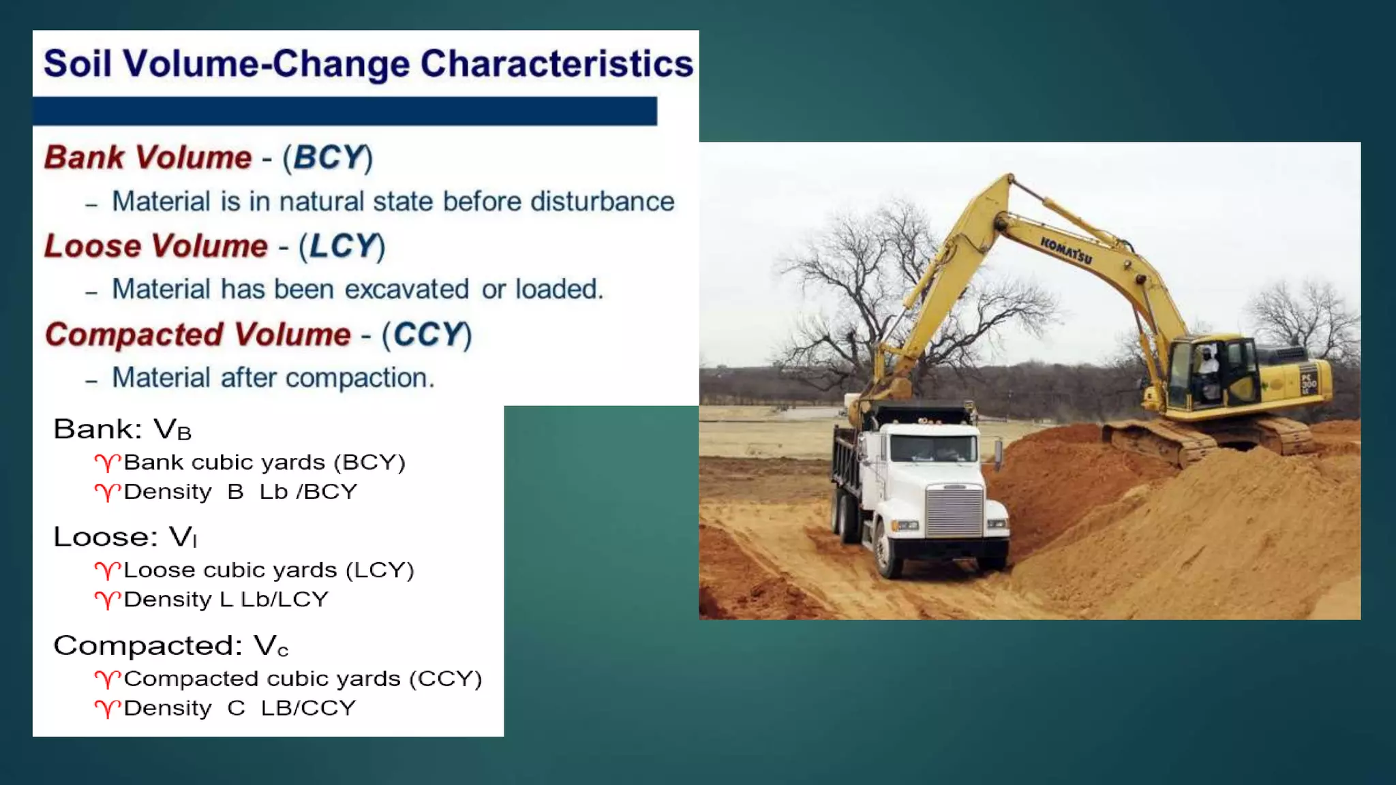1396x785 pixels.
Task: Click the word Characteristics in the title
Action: pos(556,64)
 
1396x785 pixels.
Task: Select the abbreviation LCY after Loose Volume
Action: pos(343,246)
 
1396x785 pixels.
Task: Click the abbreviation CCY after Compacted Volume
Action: pos(427,335)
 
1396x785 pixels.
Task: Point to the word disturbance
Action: pos(602,202)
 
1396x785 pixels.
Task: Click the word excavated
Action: pos(406,290)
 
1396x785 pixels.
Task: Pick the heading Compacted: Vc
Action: pos(170,645)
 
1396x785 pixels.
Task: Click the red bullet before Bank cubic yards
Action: pos(107,463)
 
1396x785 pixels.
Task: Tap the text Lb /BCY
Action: pos(308,492)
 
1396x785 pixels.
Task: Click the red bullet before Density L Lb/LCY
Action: pos(107,600)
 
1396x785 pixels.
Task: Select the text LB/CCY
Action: pos(308,709)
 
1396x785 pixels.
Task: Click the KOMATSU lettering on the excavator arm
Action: pos(1065,251)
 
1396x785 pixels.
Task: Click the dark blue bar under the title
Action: pos(345,111)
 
